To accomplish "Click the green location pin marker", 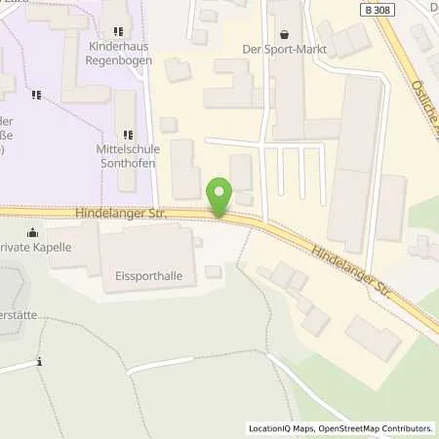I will [x=219, y=195].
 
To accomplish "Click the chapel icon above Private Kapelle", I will [x=32, y=232].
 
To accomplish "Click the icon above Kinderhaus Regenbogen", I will [x=119, y=32].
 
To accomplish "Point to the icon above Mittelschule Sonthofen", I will [x=126, y=135].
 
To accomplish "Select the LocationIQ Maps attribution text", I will [x=280, y=428].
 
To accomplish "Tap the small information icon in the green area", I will [x=39, y=362].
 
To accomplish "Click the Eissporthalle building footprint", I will [x=146, y=252].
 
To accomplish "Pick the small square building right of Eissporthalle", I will [x=213, y=271].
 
